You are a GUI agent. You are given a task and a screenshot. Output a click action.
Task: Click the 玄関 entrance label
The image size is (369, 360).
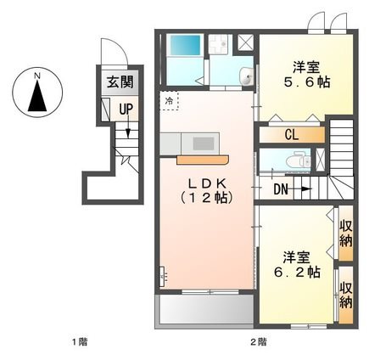coord(120,82)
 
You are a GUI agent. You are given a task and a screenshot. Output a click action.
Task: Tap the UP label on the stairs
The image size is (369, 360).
coord(126,109)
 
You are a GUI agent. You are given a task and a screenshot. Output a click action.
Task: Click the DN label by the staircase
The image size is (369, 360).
coord(281,189)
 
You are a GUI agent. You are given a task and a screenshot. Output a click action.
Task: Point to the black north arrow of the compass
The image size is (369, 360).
coord(37,95)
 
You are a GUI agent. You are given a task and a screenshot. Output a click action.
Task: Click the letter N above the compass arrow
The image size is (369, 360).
coord(37,76)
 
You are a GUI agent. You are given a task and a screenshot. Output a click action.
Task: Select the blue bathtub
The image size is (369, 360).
coord(185,44)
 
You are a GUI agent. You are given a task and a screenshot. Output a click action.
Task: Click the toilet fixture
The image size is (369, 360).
coord(298,160)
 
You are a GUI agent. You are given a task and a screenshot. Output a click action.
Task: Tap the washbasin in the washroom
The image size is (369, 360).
coord(246,76)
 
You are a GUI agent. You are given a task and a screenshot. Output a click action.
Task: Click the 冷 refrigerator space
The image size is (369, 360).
coord(169,100)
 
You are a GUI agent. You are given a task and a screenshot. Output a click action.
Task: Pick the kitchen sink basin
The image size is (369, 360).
coord(203,143)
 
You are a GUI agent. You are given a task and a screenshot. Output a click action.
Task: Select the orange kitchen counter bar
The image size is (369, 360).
coord(203,160)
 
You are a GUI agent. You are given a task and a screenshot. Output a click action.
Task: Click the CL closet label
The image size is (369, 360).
coord(292,135)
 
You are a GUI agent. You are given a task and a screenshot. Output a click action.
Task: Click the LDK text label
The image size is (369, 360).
coord(207,184)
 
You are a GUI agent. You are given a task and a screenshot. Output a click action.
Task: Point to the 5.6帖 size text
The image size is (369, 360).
coord(307,82)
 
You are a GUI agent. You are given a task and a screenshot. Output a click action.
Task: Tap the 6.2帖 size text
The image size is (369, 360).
coord(297,272)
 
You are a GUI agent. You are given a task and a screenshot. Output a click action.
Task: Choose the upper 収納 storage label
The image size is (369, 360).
coord(346,233)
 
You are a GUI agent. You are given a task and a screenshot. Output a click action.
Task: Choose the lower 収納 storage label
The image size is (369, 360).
coord(346,295)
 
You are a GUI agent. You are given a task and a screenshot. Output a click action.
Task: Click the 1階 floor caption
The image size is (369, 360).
coord(80,342)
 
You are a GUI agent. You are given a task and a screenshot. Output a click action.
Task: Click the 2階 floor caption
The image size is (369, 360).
coord(259,342)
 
